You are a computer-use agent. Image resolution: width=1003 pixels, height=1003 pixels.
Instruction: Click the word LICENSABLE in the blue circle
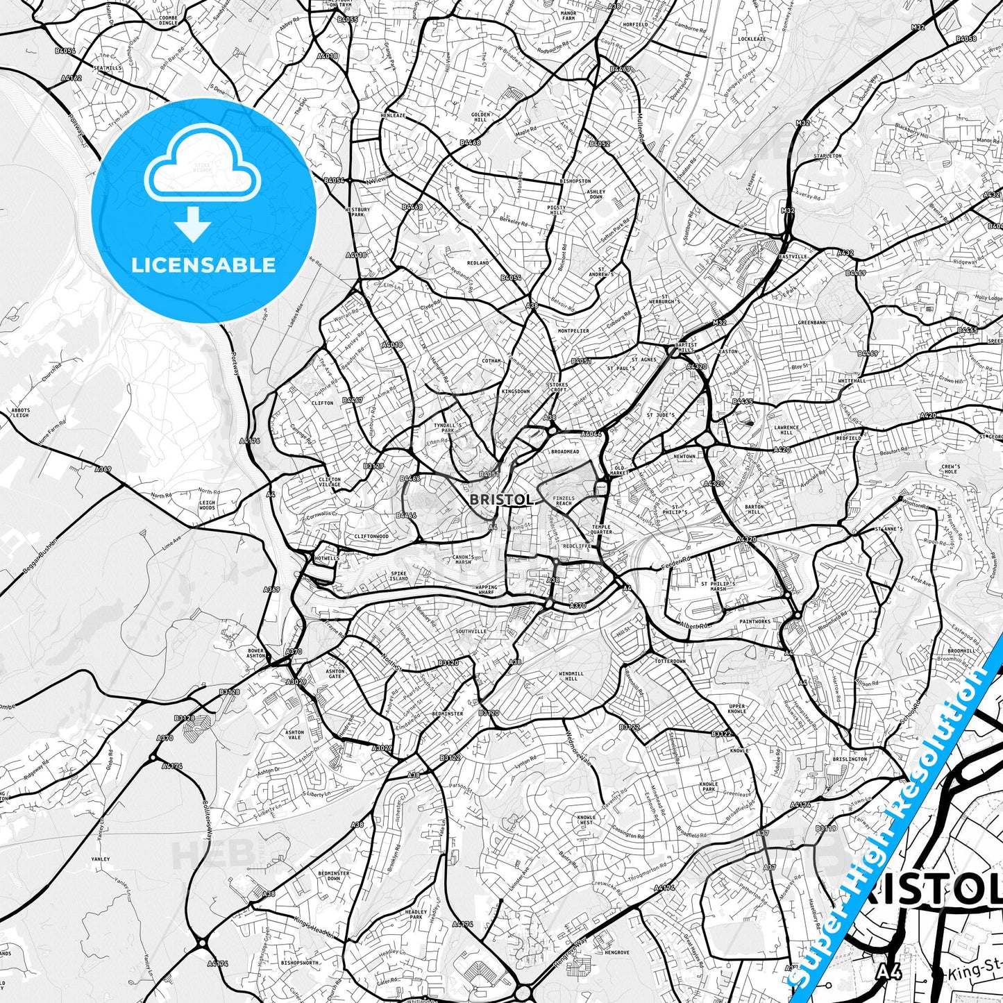[203, 264]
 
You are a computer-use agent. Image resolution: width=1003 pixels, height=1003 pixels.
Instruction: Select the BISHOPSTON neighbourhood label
[575, 180]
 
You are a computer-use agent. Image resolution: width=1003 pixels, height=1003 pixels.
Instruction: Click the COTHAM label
[491, 361]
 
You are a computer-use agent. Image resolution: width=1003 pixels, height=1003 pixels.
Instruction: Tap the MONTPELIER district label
[573, 331]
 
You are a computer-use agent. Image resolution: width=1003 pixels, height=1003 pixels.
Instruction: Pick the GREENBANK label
[811, 323]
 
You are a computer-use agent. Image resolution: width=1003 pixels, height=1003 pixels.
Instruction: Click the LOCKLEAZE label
[752, 40]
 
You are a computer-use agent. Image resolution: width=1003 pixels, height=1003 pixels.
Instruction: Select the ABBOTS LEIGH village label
[20, 412]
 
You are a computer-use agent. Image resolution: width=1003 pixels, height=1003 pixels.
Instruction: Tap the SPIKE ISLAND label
[398, 575]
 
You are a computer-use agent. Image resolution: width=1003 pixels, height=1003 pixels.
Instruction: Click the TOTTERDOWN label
[670, 661]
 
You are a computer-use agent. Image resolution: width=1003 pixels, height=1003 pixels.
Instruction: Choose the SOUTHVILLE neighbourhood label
[471, 632]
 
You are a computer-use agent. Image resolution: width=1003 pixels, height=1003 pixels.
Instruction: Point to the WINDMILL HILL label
[571, 675]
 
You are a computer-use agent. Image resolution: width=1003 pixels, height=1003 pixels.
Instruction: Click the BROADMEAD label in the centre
[564, 452]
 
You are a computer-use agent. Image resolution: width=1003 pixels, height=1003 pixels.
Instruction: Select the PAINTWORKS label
[755, 622]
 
